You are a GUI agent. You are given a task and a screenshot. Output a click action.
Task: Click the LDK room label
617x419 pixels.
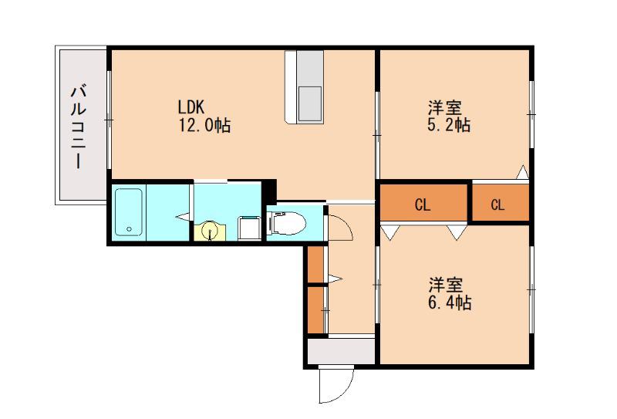point(190,106)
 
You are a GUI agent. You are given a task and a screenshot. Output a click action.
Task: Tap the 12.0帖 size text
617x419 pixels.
point(204,125)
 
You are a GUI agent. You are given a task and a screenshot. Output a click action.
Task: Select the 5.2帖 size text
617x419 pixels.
point(449,125)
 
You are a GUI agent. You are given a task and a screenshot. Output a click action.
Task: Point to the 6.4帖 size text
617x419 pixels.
point(450,302)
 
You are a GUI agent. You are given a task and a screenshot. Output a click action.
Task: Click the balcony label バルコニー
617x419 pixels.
point(79,127)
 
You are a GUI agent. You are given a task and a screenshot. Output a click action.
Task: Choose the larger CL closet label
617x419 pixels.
point(423,204)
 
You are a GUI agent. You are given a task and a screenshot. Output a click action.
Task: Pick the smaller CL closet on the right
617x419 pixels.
point(497,204)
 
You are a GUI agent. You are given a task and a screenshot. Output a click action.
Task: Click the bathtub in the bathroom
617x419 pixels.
point(129,213)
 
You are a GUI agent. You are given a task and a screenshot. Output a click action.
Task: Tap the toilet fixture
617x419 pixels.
point(287,224)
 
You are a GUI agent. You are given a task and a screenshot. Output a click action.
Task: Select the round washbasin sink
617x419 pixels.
point(210,231)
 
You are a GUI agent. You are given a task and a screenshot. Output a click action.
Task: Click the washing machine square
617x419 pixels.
point(249,228)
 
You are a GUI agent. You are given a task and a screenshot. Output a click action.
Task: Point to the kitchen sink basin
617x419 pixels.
point(310,103)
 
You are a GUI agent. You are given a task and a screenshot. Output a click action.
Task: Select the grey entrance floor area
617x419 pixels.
point(341,351)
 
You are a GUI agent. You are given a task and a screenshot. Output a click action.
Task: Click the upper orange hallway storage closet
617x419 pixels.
point(315,264)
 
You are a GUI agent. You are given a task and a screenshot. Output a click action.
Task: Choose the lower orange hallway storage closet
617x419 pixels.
point(315,310)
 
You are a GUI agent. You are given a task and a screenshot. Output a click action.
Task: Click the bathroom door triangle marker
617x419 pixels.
point(184,216)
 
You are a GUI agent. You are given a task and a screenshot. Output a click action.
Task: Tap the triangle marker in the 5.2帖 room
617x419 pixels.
point(523,172)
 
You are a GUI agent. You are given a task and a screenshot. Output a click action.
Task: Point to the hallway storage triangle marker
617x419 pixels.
point(335,279)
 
